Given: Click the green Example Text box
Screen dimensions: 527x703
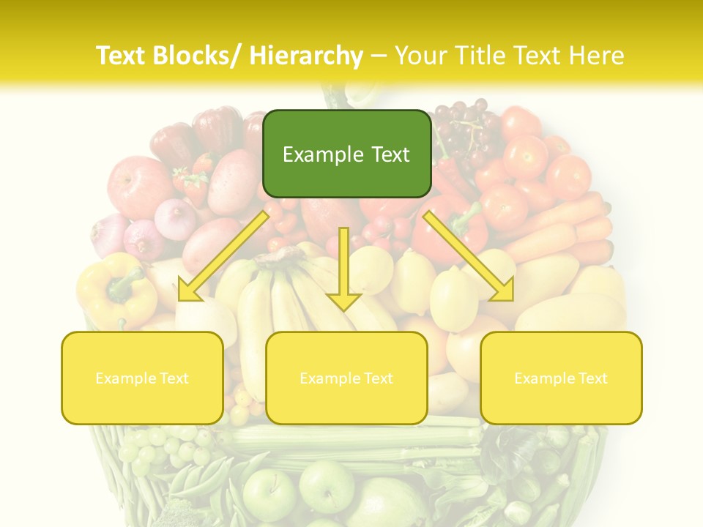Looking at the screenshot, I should [346, 154].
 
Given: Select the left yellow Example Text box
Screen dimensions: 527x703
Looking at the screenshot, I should [142, 378].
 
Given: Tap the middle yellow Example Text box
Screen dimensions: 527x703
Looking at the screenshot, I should [346, 378].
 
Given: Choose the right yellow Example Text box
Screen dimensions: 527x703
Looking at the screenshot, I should [561, 378].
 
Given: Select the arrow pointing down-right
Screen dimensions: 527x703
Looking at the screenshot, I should [469, 256].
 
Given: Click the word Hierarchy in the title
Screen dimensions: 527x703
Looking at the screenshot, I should [306, 56].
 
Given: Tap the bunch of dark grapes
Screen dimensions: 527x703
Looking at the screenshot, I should [465, 128].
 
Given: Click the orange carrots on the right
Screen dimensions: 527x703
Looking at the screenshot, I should [579, 227].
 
